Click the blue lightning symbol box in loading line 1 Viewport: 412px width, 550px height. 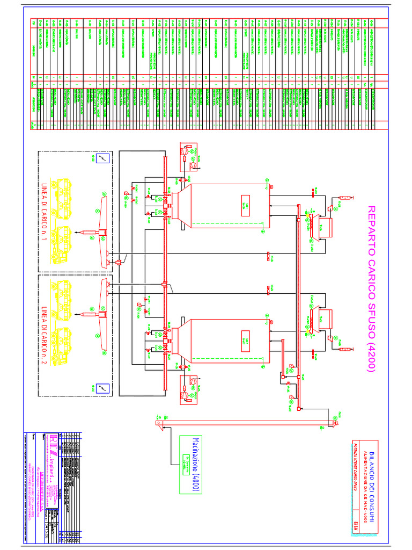click(105, 158)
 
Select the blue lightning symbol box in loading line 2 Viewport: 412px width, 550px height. click(105, 387)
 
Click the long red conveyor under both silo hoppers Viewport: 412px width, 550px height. click(164, 274)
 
